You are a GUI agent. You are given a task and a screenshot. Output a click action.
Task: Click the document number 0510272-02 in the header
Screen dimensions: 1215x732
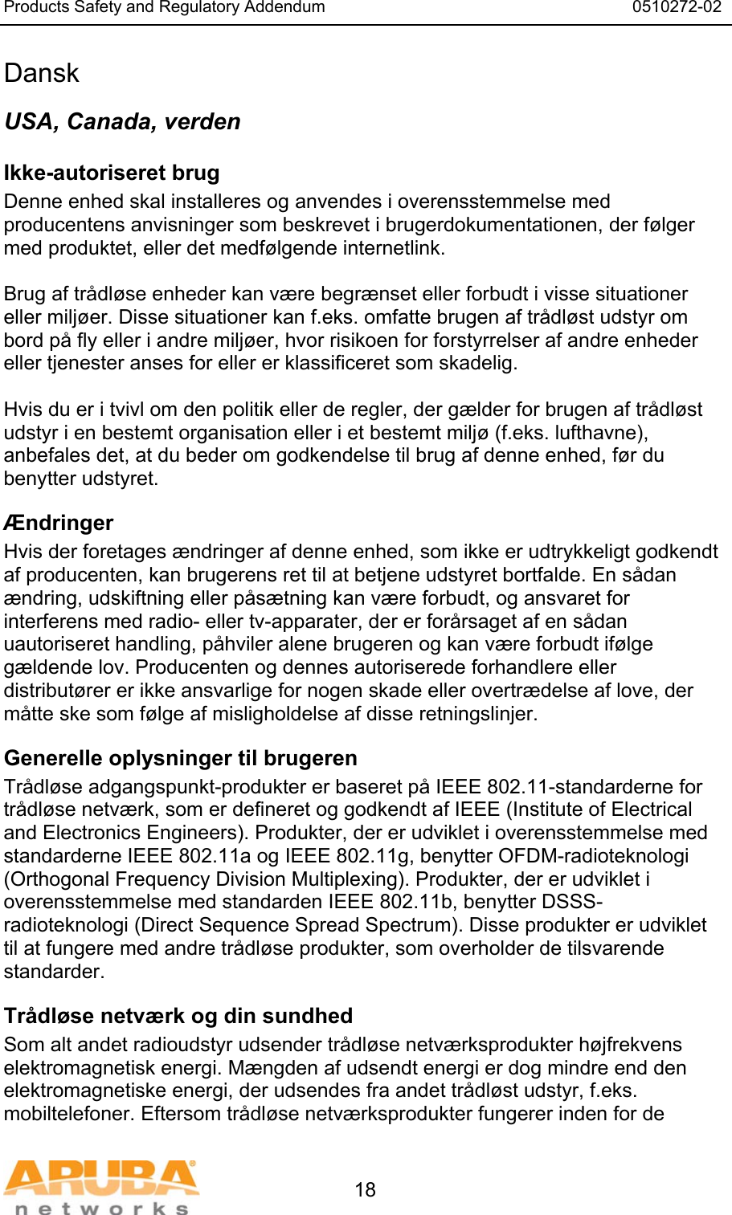point(677,8)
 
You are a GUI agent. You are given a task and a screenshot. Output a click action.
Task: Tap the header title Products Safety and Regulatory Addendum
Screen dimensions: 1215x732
point(165,8)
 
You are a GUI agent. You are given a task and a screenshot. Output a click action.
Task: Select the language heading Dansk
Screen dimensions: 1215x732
point(42,73)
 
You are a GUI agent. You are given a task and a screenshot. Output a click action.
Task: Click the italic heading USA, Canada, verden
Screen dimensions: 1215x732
point(122,121)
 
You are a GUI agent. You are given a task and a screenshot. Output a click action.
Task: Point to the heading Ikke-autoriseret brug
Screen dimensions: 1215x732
point(112,173)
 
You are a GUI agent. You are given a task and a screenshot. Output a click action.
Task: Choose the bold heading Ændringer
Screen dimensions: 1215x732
point(59,523)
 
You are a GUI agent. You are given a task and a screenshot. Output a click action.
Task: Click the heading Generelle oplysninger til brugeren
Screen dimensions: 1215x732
point(181,758)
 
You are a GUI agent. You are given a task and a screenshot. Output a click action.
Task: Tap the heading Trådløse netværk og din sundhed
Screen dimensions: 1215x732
point(178,1016)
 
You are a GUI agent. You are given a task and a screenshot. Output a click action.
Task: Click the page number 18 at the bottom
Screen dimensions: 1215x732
point(366,1189)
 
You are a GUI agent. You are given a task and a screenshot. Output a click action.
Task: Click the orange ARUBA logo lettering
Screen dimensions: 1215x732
point(101,1178)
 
